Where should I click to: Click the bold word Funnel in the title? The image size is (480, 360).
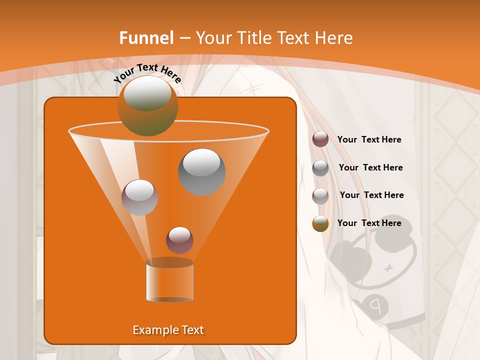pyautogui.click(x=146, y=38)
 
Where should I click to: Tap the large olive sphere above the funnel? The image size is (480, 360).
pyautogui.click(x=148, y=105)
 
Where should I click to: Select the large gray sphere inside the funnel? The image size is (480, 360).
pyautogui.click(x=202, y=171)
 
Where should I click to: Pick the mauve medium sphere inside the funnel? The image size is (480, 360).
pyautogui.click(x=139, y=197)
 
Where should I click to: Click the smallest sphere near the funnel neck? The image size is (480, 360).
pyautogui.click(x=179, y=240)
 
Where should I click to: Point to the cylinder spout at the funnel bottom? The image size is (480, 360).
pyautogui.click(x=169, y=281)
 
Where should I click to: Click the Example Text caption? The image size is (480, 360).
pyautogui.click(x=168, y=330)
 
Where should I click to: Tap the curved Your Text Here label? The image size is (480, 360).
pyautogui.click(x=147, y=73)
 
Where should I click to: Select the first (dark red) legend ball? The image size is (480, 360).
pyautogui.click(x=320, y=139)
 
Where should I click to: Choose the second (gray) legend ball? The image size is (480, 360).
pyautogui.click(x=320, y=167)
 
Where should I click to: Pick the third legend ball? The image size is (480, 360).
pyautogui.click(x=320, y=195)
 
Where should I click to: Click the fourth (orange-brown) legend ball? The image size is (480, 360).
pyautogui.click(x=320, y=223)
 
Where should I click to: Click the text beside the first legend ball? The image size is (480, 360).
pyautogui.click(x=369, y=139)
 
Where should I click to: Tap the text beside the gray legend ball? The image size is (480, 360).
pyautogui.click(x=370, y=167)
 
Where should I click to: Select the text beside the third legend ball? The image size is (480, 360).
pyautogui.click(x=371, y=195)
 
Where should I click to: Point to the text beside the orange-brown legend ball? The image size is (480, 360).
pyautogui.click(x=369, y=223)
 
